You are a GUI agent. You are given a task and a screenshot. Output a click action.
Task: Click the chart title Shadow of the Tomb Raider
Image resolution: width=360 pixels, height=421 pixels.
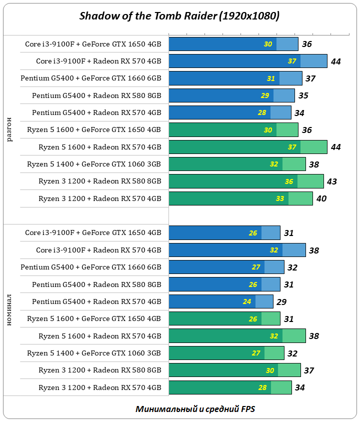tap(179, 16)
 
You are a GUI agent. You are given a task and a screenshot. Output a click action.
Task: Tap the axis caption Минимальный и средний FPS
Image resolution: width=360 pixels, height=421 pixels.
tap(195, 409)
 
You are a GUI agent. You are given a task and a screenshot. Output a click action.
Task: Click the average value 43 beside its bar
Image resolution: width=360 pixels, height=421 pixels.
tap(331, 181)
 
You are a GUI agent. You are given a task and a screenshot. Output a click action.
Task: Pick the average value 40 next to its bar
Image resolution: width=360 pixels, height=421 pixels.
tap(321, 198)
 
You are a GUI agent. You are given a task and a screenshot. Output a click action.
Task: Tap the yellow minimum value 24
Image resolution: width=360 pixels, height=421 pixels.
tap(247, 301)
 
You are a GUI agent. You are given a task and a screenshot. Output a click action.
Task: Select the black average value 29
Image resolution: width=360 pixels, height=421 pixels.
tap(281, 302)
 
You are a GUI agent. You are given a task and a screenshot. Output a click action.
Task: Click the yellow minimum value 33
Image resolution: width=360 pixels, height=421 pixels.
tap(280, 198)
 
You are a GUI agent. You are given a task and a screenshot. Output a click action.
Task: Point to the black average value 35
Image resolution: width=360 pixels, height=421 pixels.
tap(303, 95)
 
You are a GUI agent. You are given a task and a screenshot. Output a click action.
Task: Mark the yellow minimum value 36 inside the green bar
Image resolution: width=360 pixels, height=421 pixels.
tap(289, 181)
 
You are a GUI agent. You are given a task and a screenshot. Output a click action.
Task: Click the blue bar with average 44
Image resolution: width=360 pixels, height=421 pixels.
tap(247, 61)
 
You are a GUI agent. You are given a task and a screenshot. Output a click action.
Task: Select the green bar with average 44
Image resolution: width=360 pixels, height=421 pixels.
tap(247, 147)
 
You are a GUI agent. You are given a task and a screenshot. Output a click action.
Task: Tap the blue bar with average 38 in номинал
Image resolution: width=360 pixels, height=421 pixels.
tap(237, 250)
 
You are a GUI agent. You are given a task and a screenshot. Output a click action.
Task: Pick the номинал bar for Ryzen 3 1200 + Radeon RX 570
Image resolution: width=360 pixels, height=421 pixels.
tap(230, 387)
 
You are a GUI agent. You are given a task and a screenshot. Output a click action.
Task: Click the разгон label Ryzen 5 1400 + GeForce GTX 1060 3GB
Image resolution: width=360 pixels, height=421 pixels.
tap(94, 164)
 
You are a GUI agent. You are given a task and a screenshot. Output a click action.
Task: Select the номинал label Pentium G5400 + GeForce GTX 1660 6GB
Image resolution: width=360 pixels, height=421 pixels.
tap(91, 267)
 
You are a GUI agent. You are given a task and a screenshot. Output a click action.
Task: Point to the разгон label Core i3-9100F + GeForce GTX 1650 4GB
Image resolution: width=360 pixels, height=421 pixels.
tap(93, 44)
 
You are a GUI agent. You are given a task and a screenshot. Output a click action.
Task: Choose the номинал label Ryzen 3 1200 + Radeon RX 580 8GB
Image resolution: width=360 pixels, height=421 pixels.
tap(100, 370)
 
